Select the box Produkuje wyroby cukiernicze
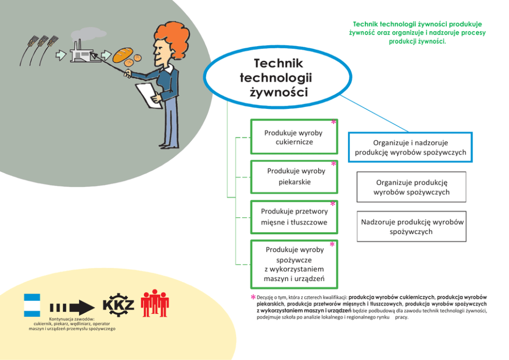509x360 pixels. pyautogui.click(x=293, y=137)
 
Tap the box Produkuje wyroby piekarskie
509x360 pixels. pyautogui.click(x=293, y=176)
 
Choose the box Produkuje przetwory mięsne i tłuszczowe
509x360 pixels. pyautogui.click(x=293, y=217)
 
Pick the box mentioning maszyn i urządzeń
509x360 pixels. pyautogui.click(x=293, y=264)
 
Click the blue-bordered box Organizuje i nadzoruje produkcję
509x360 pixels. pyautogui.click(x=410, y=147)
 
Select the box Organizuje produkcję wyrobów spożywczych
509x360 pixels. pyautogui.click(x=412, y=187)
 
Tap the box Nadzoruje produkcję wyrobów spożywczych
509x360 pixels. pyautogui.click(x=412, y=226)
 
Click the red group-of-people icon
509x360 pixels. pyautogui.click(x=154, y=304)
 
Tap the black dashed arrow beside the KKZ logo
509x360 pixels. pyautogui.click(x=71, y=308)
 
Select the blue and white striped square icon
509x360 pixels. pyautogui.click(x=32, y=305)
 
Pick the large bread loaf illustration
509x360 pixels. pyautogui.click(x=123, y=54)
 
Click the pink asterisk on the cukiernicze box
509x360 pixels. pyautogui.click(x=334, y=123)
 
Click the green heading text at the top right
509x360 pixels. pyautogui.click(x=417, y=32)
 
